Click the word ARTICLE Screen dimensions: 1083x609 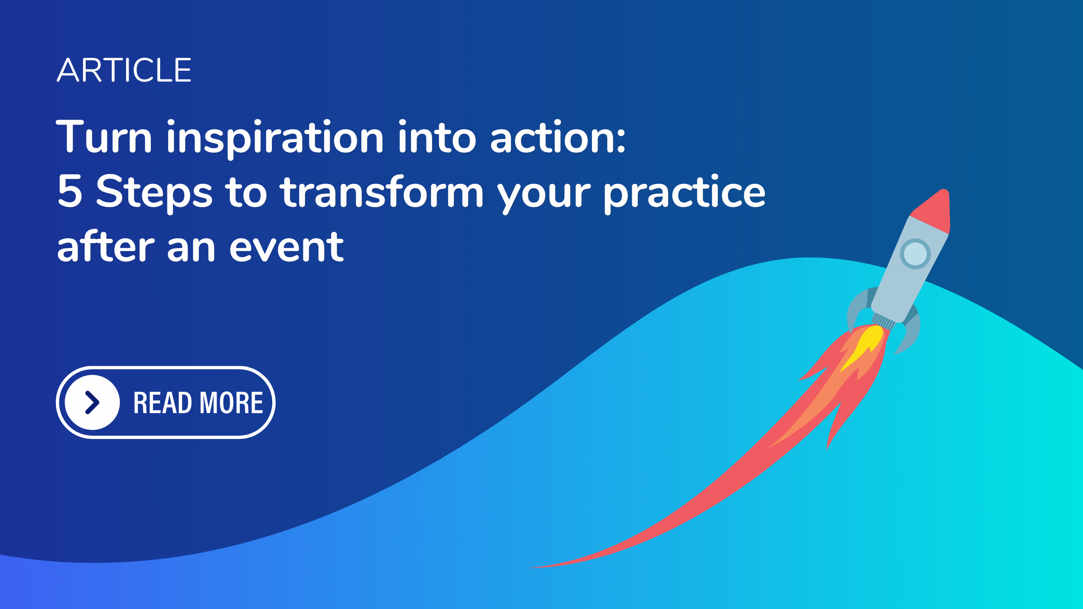click(124, 70)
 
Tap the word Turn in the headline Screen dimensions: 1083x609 click(104, 136)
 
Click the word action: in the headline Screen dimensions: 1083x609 click(558, 137)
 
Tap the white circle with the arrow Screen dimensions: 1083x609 click(93, 402)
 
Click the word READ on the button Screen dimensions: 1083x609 click(163, 403)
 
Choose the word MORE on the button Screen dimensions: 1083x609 click(231, 403)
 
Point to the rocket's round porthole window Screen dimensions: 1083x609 click(915, 254)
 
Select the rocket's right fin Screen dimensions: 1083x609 click(910, 332)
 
